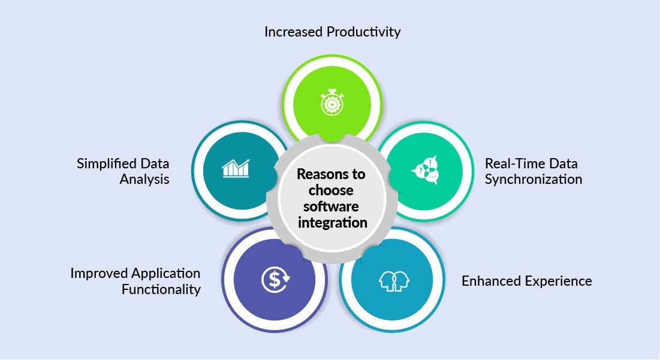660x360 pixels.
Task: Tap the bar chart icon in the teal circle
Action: point(236,168)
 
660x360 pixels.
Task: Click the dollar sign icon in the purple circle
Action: point(275,279)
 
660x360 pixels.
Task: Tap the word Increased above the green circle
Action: point(293,32)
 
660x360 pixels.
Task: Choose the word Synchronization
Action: point(534,179)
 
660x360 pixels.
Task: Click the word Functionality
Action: point(161,289)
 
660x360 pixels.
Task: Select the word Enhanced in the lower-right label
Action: point(490,281)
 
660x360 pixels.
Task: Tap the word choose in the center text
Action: point(331,191)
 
